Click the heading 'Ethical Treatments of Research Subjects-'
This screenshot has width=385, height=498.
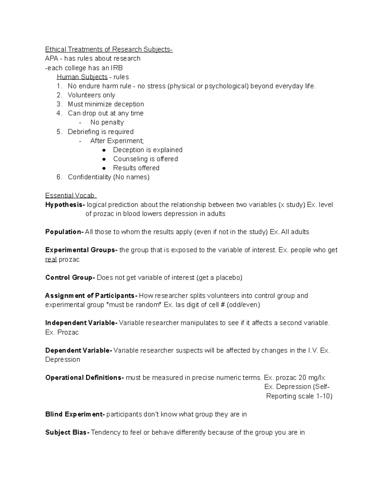(109, 49)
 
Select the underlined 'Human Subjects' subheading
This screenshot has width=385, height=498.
(82, 77)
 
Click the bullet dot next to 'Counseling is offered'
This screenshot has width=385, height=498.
(104, 159)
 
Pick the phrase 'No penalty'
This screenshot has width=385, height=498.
(107, 122)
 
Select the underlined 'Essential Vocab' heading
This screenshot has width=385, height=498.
(71, 196)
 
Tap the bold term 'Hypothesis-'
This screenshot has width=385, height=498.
(65, 205)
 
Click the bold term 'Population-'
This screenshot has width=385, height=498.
(64, 232)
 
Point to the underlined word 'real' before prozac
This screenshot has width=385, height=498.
(51, 259)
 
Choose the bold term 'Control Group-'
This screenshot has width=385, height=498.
(70, 278)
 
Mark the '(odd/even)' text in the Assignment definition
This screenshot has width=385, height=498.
(243, 305)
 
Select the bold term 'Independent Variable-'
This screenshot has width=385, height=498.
(81, 323)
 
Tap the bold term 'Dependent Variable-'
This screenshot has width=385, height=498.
(79, 350)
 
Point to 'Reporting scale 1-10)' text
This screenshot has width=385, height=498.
(299, 396)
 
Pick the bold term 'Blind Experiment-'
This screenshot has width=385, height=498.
(75, 414)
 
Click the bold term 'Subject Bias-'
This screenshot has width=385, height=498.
(67, 433)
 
